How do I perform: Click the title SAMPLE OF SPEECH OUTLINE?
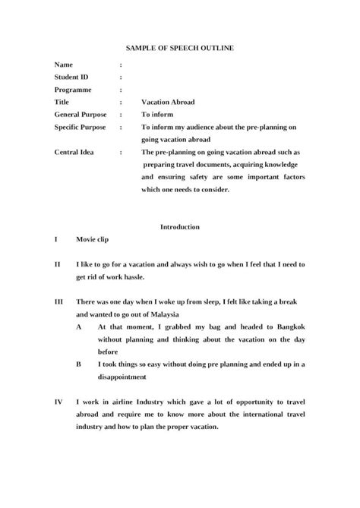coord(180,48)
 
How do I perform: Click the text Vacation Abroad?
coord(166,101)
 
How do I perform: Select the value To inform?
coord(158,113)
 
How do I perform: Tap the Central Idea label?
coord(76,152)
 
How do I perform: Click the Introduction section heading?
coord(180,226)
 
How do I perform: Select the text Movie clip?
coord(93,239)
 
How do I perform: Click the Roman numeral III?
coord(58,301)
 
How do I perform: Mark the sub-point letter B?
coord(80,364)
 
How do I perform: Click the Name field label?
coord(65,65)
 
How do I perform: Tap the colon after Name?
coord(121,65)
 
